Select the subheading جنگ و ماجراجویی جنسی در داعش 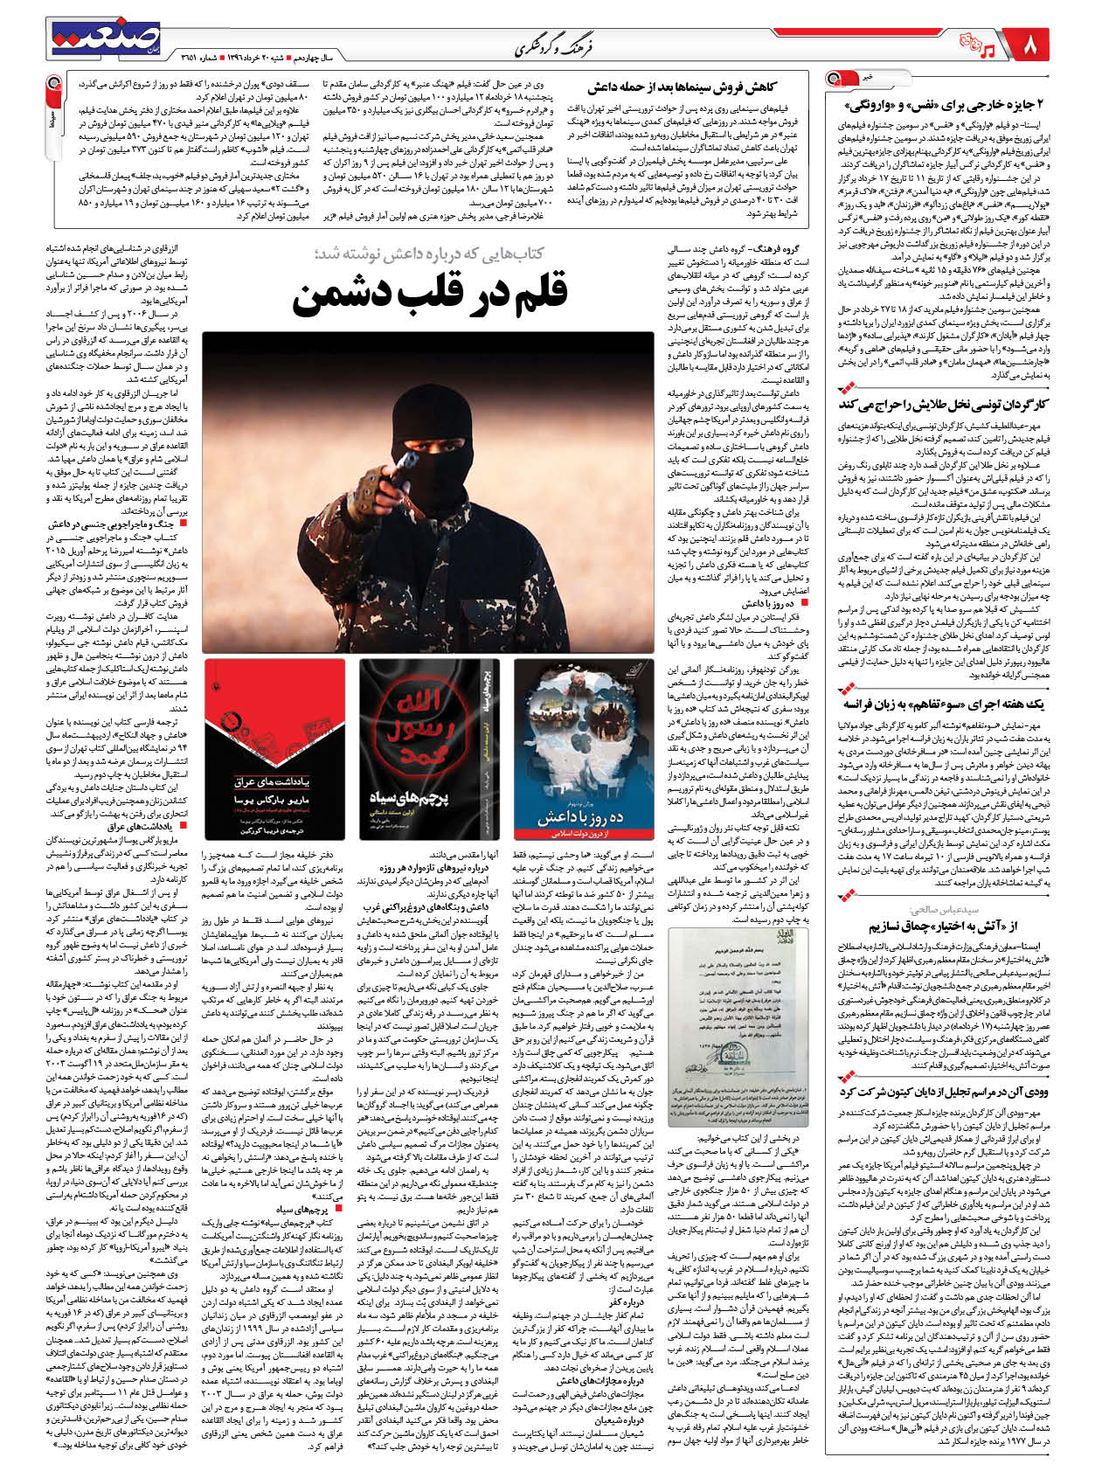(x=122, y=524)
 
